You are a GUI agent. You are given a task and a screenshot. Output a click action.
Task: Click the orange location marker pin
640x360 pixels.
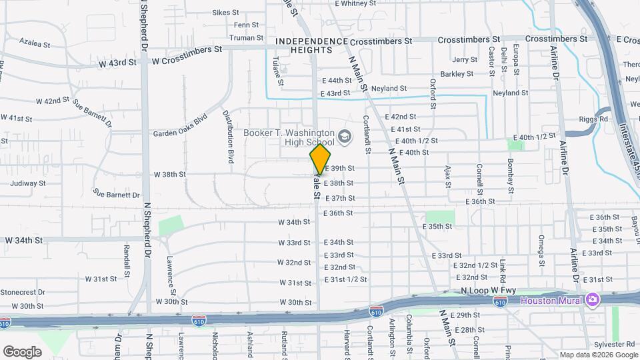320,159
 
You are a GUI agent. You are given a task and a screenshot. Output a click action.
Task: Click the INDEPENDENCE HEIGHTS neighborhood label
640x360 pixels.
312,46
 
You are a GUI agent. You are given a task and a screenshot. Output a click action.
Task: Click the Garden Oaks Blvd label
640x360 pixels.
180,133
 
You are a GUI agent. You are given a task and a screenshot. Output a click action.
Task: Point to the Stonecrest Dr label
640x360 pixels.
22,292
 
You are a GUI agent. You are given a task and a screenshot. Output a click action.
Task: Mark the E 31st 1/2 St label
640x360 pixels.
345,279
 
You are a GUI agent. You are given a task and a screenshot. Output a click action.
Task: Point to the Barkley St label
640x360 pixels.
457,73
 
